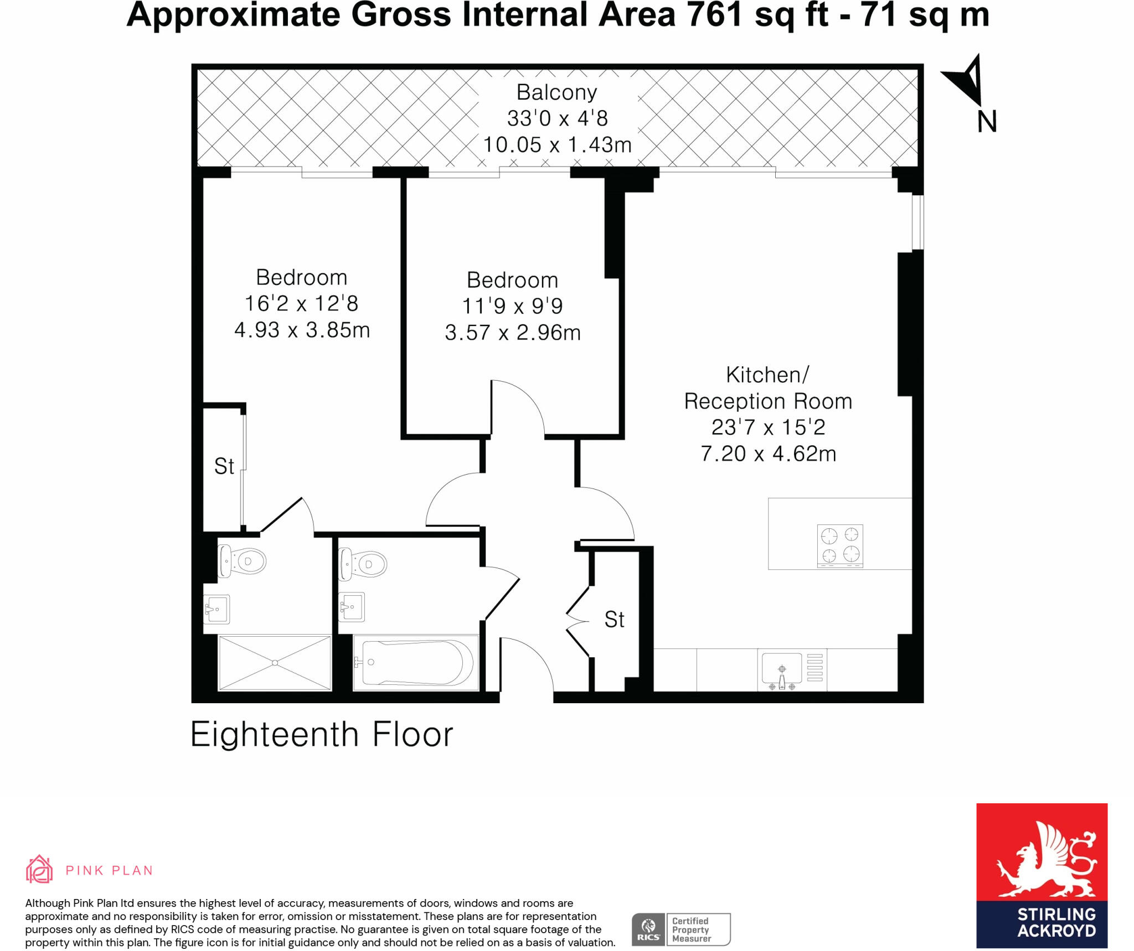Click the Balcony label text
[556, 92]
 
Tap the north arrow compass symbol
[966, 80]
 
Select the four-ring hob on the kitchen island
[840, 545]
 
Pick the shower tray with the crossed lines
[275, 663]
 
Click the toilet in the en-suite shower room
[243, 561]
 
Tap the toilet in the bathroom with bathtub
[363, 564]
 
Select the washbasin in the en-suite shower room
[217, 609]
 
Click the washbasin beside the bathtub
[352, 606]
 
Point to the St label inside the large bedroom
[224, 466]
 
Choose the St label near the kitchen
[614, 620]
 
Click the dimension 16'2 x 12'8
[301, 303]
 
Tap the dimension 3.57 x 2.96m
[513, 332]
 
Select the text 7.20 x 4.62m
[768, 454]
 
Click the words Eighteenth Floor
[322, 734]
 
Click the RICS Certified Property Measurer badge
[681, 929]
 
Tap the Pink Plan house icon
[39, 869]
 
